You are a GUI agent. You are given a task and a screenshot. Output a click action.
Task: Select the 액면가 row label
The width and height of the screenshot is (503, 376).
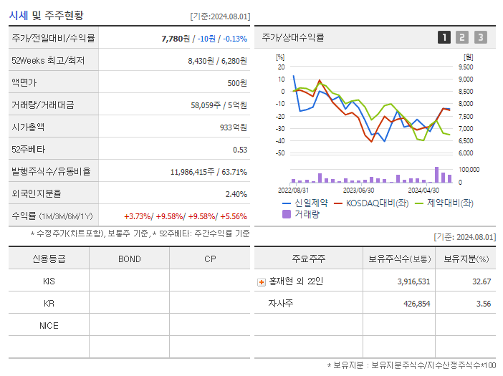click(x=27, y=83)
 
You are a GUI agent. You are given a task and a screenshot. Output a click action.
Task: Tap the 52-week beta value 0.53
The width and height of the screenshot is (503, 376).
click(x=239, y=150)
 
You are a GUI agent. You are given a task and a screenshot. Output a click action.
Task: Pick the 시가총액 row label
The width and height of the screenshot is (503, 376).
click(x=30, y=127)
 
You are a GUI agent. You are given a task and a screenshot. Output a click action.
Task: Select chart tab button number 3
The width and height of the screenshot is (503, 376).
click(x=480, y=37)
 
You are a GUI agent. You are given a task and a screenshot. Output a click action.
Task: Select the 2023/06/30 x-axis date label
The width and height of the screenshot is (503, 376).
click(x=358, y=191)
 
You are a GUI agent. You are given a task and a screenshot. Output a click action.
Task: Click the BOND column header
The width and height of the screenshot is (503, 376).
click(x=129, y=259)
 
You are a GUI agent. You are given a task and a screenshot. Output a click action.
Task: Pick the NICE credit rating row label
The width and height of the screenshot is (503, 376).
click(x=49, y=326)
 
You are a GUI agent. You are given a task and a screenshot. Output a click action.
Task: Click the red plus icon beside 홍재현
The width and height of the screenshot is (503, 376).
click(x=262, y=282)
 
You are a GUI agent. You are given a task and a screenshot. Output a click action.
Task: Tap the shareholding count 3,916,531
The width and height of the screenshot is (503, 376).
click(x=413, y=282)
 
